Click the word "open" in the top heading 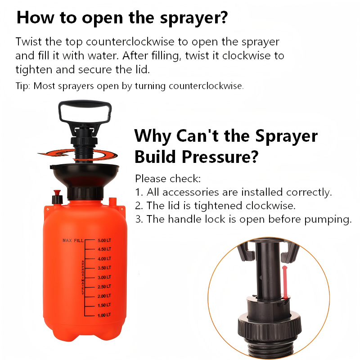(x=102, y=18)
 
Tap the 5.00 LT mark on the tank (x=104, y=240)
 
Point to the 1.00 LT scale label (x=104, y=315)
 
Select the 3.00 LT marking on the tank (x=104, y=277)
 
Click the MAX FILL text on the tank (x=73, y=240)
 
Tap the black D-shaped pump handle (x=85, y=112)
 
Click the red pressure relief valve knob (x=57, y=193)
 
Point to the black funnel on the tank (x=85, y=175)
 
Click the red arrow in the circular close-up (x=285, y=283)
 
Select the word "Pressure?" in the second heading (x=220, y=157)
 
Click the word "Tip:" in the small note (x=23, y=86)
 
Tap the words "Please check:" (x=168, y=179)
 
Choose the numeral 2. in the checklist (x=139, y=206)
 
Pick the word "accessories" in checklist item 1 (x=190, y=192)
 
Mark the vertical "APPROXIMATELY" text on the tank (x=83, y=277)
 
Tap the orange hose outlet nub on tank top (x=112, y=202)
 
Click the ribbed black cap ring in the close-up (x=269, y=328)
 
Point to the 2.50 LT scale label (x=104, y=287)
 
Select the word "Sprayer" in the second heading (x=286, y=136)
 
